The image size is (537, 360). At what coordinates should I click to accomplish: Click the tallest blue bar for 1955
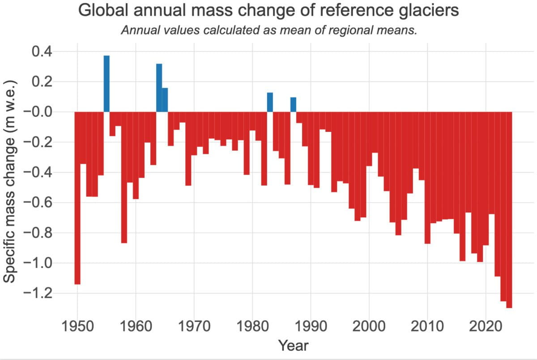click(107, 84)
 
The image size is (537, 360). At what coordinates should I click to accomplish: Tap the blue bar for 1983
click(270, 102)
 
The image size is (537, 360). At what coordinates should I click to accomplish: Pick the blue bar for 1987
click(293, 105)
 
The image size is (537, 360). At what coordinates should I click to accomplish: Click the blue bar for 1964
click(159, 88)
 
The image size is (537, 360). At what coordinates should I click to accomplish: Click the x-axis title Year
click(293, 345)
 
